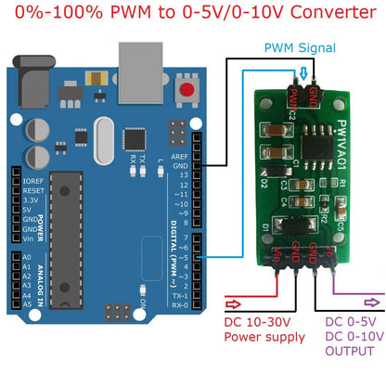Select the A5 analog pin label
coord(25,303)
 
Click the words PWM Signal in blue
coord(299,46)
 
